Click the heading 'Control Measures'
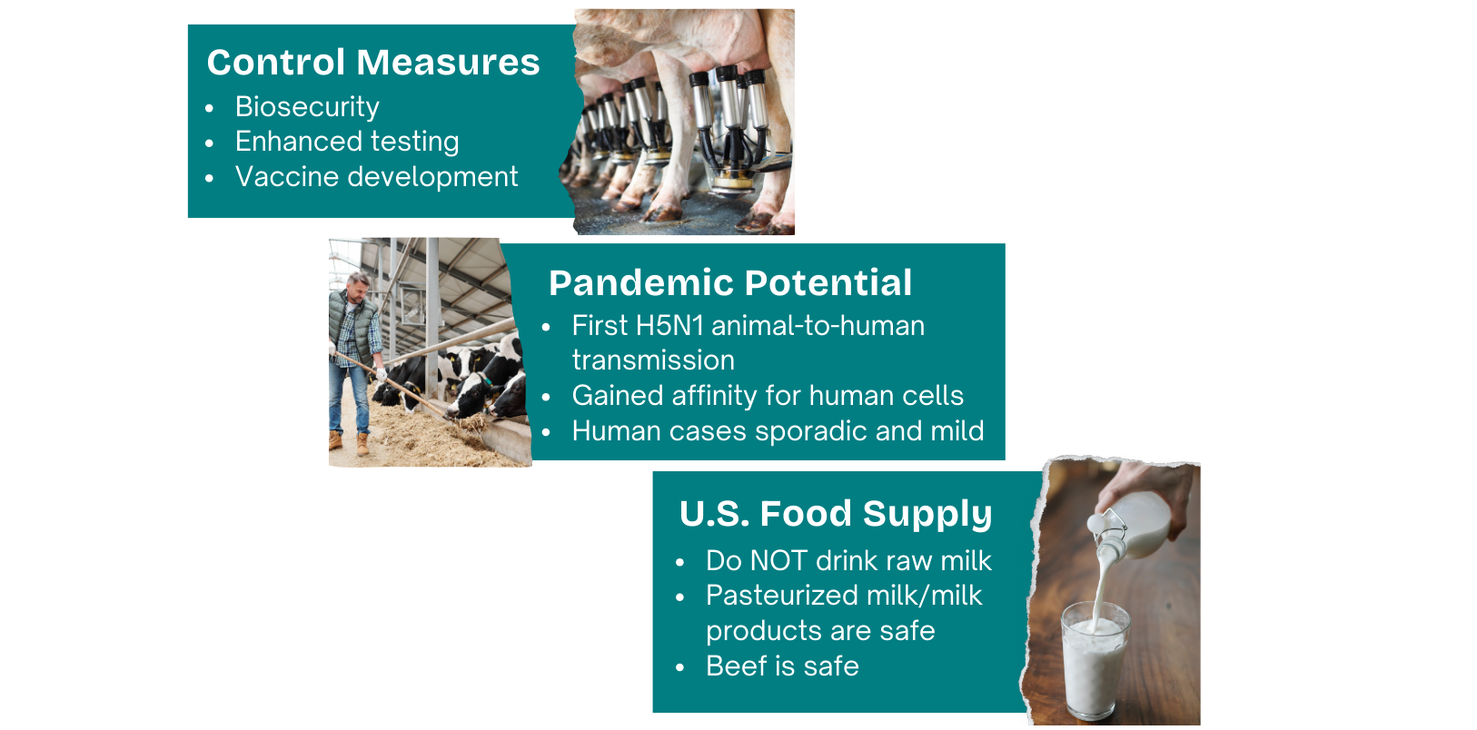point(373,63)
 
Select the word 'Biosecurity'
point(307,107)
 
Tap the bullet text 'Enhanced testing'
point(347,142)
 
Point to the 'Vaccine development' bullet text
point(376,176)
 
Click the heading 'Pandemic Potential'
point(730,282)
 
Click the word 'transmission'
point(653,360)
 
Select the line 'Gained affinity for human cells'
point(768,396)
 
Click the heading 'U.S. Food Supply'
point(836,513)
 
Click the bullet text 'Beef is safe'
point(783,666)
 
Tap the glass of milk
point(1095,660)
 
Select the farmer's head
point(358,287)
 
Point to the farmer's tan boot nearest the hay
point(362,444)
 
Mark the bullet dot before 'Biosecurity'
point(210,109)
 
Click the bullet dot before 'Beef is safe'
point(680,667)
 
